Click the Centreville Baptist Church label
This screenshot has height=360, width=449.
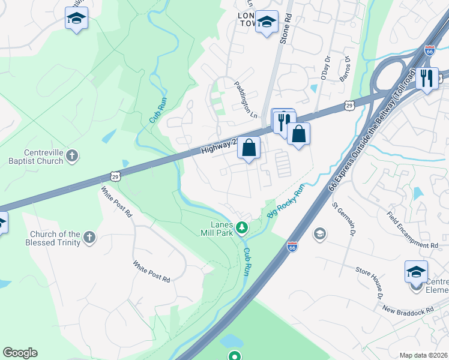pyautogui.click(x=35, y=157)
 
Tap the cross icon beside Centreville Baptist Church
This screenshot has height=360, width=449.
pyautogui.click(x=71, y=157)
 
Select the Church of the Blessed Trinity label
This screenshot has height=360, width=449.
pyautogui.click(x=53, y=238)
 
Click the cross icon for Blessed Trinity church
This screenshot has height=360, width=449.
pyautogui.click(x=89, y=237)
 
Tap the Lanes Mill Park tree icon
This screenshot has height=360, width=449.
pyautogui.click(x=241, y=227)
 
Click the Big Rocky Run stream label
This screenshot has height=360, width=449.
pyautogui.click(x=286, y=200)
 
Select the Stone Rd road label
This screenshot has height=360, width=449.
pyautogui.click(x=286, y=28)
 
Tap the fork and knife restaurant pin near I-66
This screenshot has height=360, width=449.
pyautogui.click(x=427, y=79)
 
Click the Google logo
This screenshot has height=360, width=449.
pyautogui.click(x=20, y=353)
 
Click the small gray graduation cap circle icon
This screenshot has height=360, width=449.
pyautogui.click(x=320, y=233)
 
